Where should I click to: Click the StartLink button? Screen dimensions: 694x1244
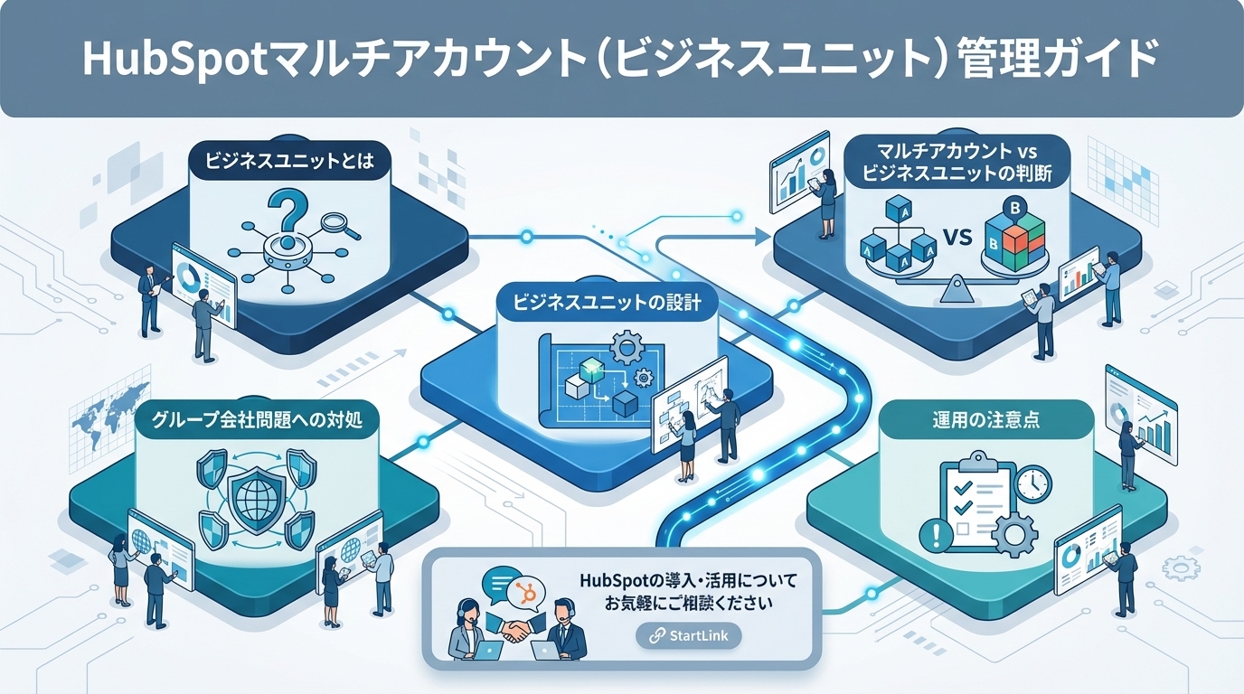[688, 635]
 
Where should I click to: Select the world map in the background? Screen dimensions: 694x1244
[108, 407]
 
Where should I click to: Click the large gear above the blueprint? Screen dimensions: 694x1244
[623, 347]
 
